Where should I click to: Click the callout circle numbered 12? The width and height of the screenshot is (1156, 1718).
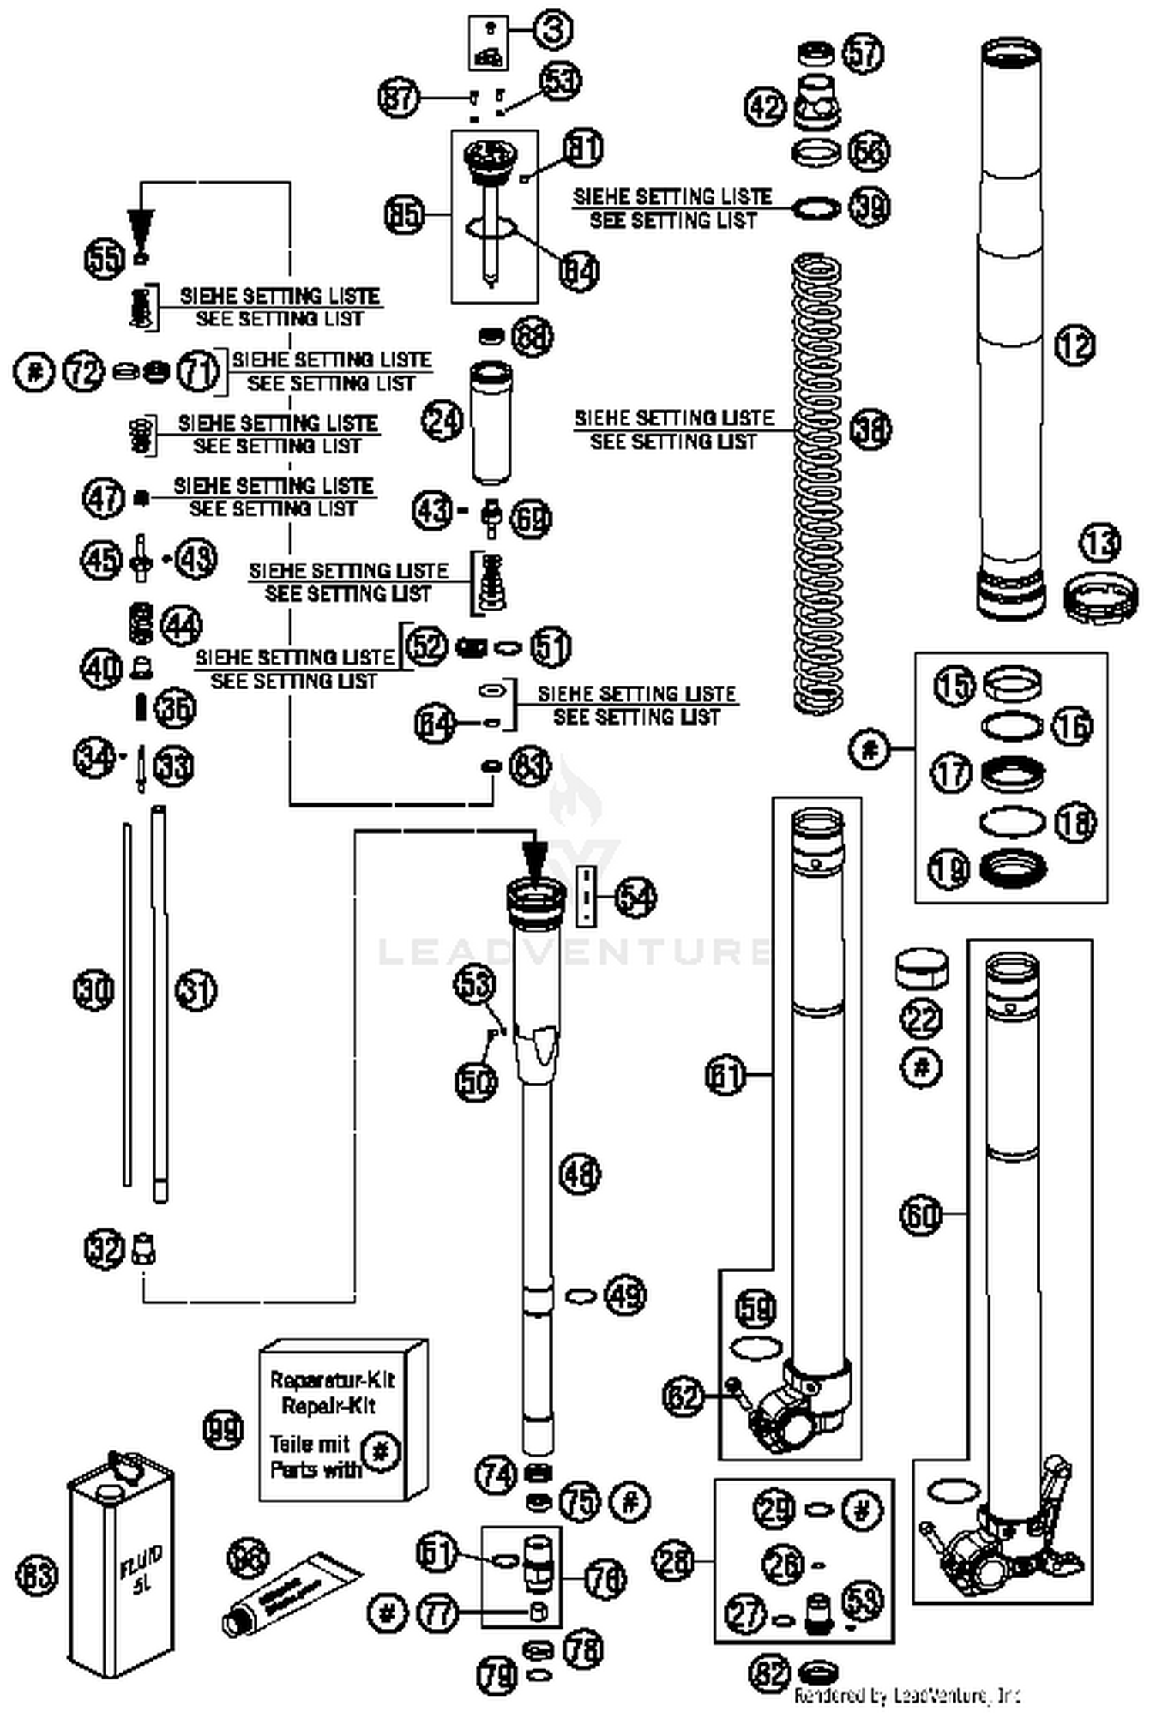[x=1074, y=345]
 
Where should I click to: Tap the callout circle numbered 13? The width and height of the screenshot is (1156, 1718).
[x=1101, y=544]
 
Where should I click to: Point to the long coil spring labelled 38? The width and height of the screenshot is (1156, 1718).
[x=817, y=482]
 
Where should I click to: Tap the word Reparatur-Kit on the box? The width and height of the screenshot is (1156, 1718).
[x=332, y=1379]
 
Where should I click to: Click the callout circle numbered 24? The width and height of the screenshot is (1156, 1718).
[x=442, y=421]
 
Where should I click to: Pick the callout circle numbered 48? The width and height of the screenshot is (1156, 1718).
[x=579, y=1174]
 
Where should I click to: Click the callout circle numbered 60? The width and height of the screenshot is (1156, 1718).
[x=921, y=1215]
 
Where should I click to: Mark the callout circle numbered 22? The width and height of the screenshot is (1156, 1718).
[x=921, y=1019]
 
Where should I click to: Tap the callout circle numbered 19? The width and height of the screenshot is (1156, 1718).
[x=950, y=869]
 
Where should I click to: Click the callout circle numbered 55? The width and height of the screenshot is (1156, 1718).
[x=104, y=258]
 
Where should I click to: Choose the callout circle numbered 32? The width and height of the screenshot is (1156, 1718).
[x=104, y=1249]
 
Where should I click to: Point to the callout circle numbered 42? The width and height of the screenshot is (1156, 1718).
[x=765, y=106]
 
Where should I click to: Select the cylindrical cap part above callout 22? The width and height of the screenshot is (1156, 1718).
[x=921, y=968]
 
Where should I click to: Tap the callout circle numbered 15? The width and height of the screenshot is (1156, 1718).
[x=955, y=685]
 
